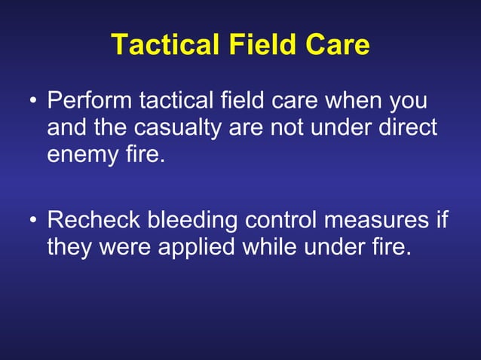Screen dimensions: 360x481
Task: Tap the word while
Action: click(x=274, y=248)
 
